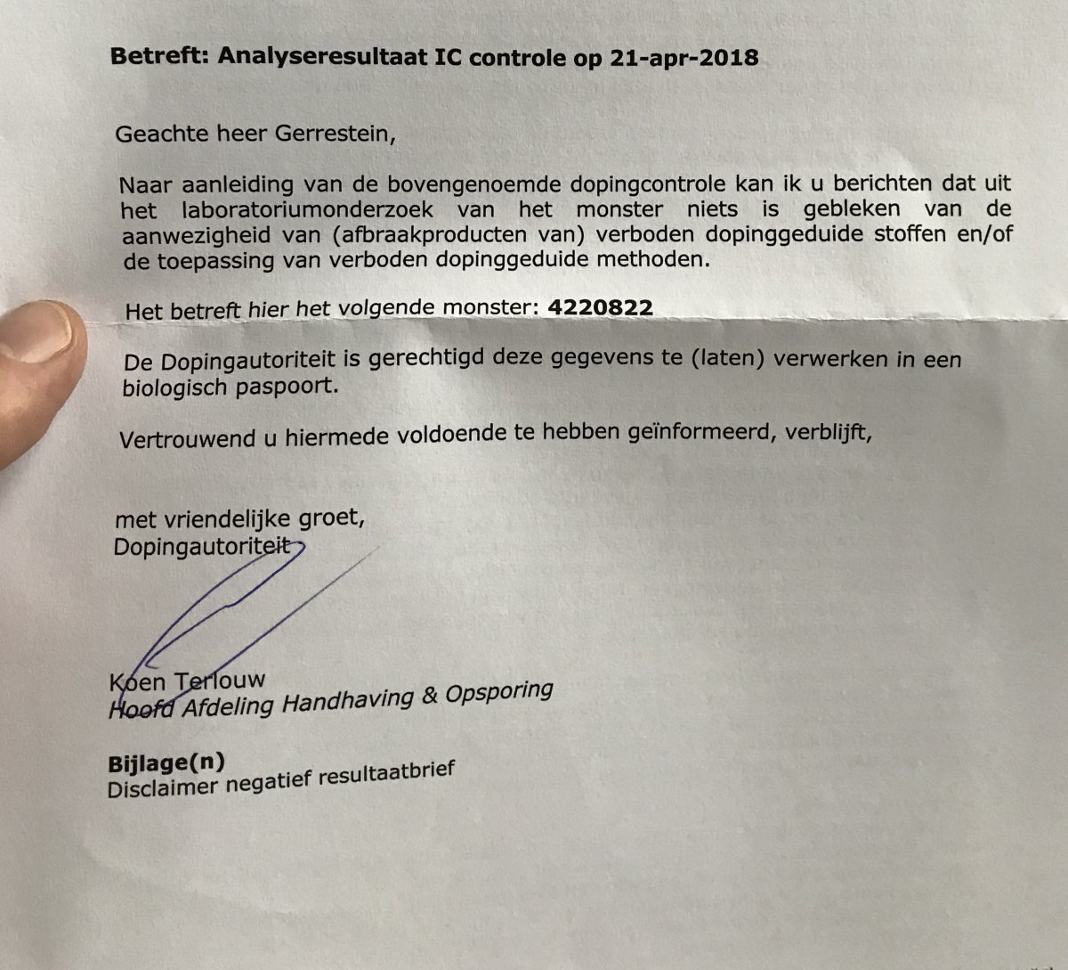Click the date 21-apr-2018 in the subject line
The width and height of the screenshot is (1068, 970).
point(684,59)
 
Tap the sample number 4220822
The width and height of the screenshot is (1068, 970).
point(602,308)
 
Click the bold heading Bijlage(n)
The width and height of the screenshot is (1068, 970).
point(166,764)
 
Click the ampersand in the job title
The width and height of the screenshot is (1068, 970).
point(430,696)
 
